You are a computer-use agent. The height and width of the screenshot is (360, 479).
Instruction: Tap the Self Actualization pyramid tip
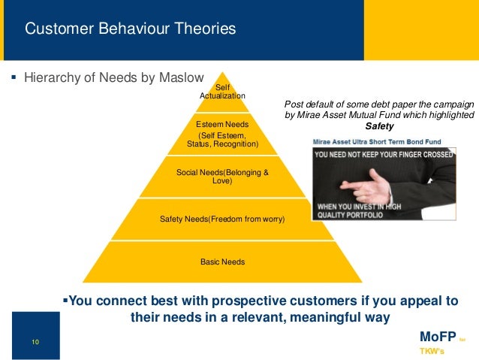(221, 92)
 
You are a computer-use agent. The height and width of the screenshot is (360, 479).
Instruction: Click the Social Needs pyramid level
(221, 177)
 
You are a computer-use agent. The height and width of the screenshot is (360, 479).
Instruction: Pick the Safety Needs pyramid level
(222, 219)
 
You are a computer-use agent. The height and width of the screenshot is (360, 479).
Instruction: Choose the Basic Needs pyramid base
(222, 262)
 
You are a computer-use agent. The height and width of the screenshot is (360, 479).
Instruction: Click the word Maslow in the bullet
(178, 77)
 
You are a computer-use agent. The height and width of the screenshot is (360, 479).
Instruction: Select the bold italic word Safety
(379, 126)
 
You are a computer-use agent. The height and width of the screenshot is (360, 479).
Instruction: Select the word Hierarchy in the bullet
(54, 77)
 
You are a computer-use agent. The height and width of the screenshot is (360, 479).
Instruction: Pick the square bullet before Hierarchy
(14, 77)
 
